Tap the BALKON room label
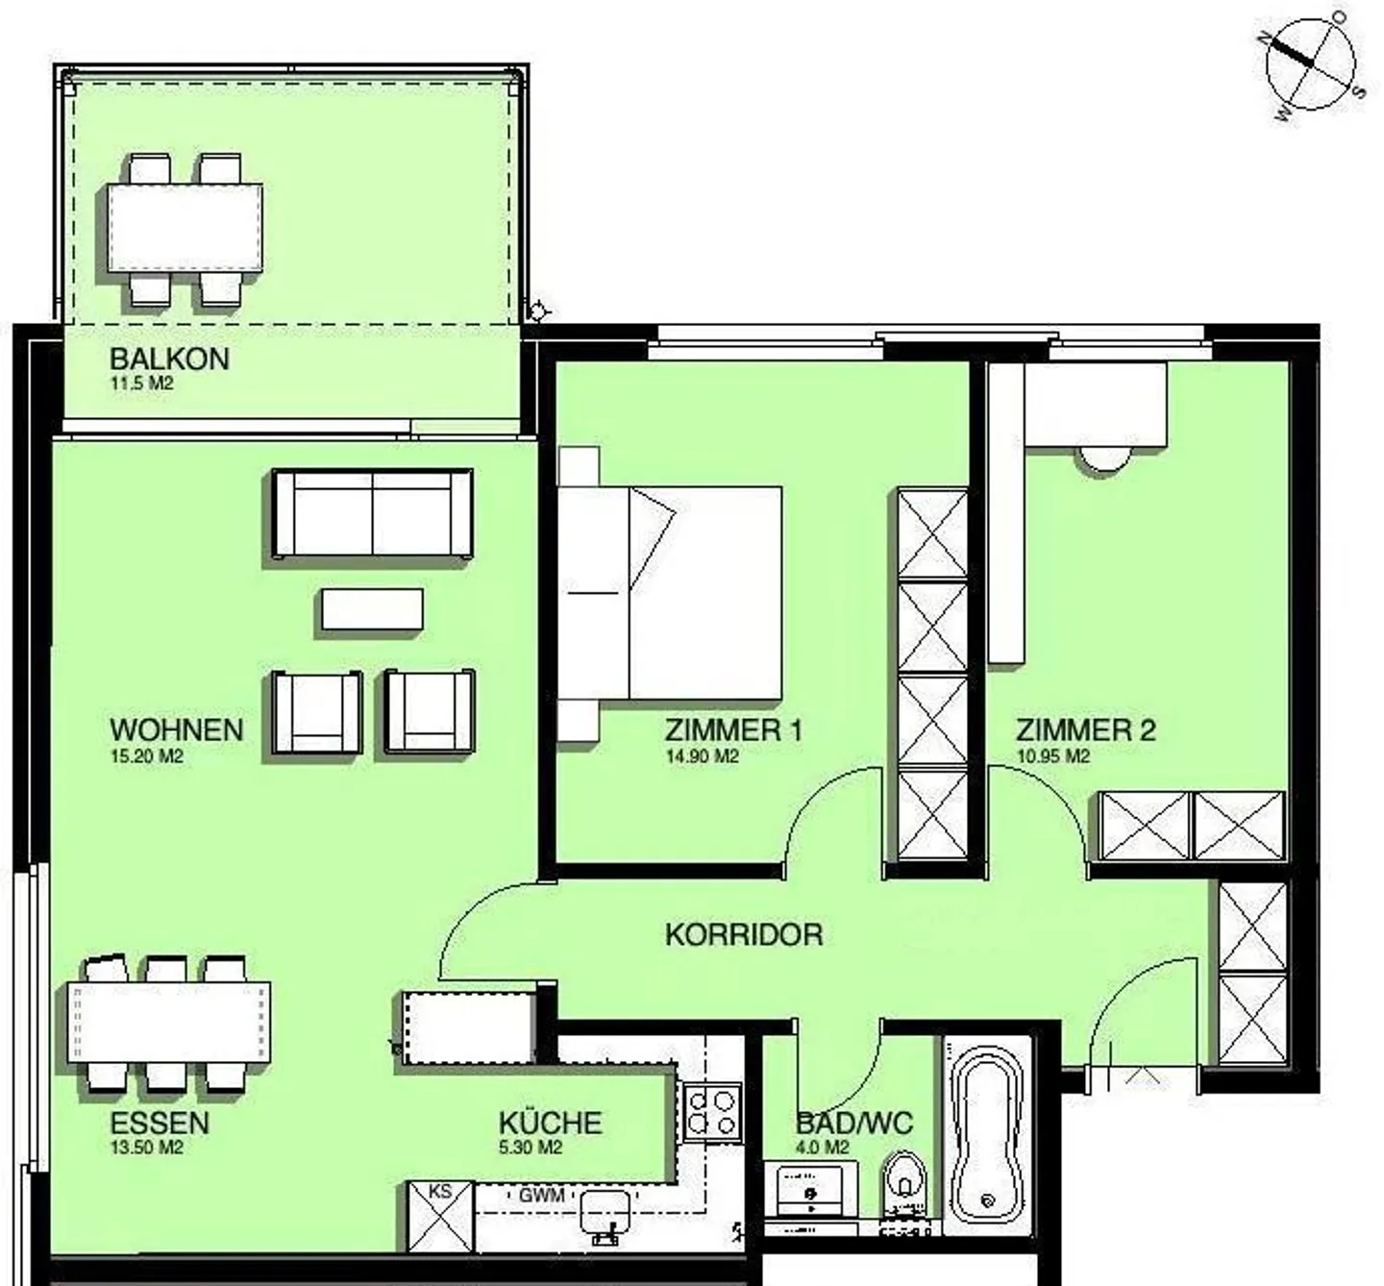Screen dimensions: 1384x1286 169,359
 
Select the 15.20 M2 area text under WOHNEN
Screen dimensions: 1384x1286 147,756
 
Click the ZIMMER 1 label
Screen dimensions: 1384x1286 733,730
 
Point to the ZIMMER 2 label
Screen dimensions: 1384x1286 1086,730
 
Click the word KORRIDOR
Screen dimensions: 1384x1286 744,934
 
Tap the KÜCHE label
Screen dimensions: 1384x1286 550,1123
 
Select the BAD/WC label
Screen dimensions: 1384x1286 854,1123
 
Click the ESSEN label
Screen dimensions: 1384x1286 160,1123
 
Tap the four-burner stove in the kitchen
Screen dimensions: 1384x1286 712,1112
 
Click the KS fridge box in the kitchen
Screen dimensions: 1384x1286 440,1216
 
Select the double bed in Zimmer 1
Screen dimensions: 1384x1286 670,592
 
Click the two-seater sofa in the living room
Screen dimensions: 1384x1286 373,513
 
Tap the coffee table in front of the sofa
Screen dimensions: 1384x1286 372,609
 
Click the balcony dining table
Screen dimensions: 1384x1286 185,227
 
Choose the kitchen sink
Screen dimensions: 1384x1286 605,1216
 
